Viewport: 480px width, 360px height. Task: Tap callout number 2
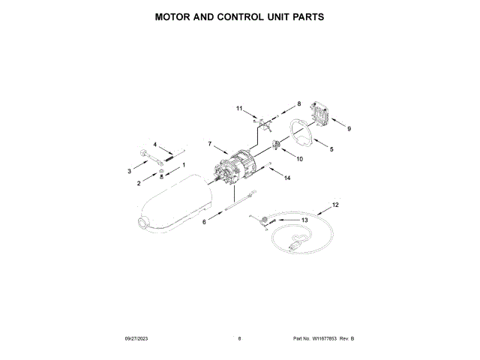tap(139, 183)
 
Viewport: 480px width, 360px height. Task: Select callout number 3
tap(128, 172)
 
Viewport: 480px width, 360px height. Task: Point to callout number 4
tap(155, 144)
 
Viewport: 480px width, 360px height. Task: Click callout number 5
tap(332, 149)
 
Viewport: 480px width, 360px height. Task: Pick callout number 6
tap(203, 221)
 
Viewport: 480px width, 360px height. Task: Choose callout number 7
tap(210, 143)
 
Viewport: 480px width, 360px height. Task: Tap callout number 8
tap(298, 103)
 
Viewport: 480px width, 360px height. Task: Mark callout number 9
tap(349, 128)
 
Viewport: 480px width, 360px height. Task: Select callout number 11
tap(240, 109)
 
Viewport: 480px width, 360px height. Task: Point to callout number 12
tap(335, 205)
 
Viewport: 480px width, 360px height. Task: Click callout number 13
tap(304, 220)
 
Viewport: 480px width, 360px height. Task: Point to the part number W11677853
tap(324, 339)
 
